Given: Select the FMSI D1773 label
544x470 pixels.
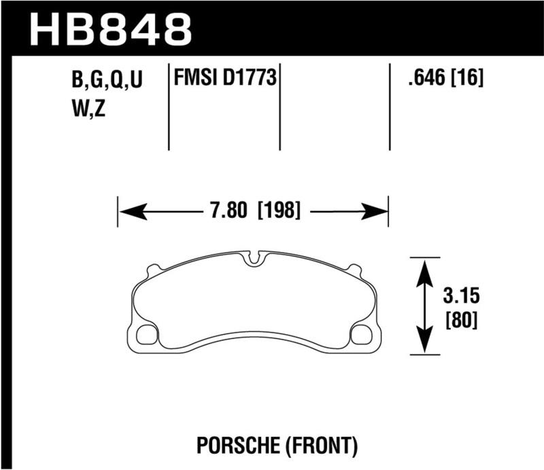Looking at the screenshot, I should pos(224,80).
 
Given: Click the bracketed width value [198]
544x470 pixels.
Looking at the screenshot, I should pos(279,211).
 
